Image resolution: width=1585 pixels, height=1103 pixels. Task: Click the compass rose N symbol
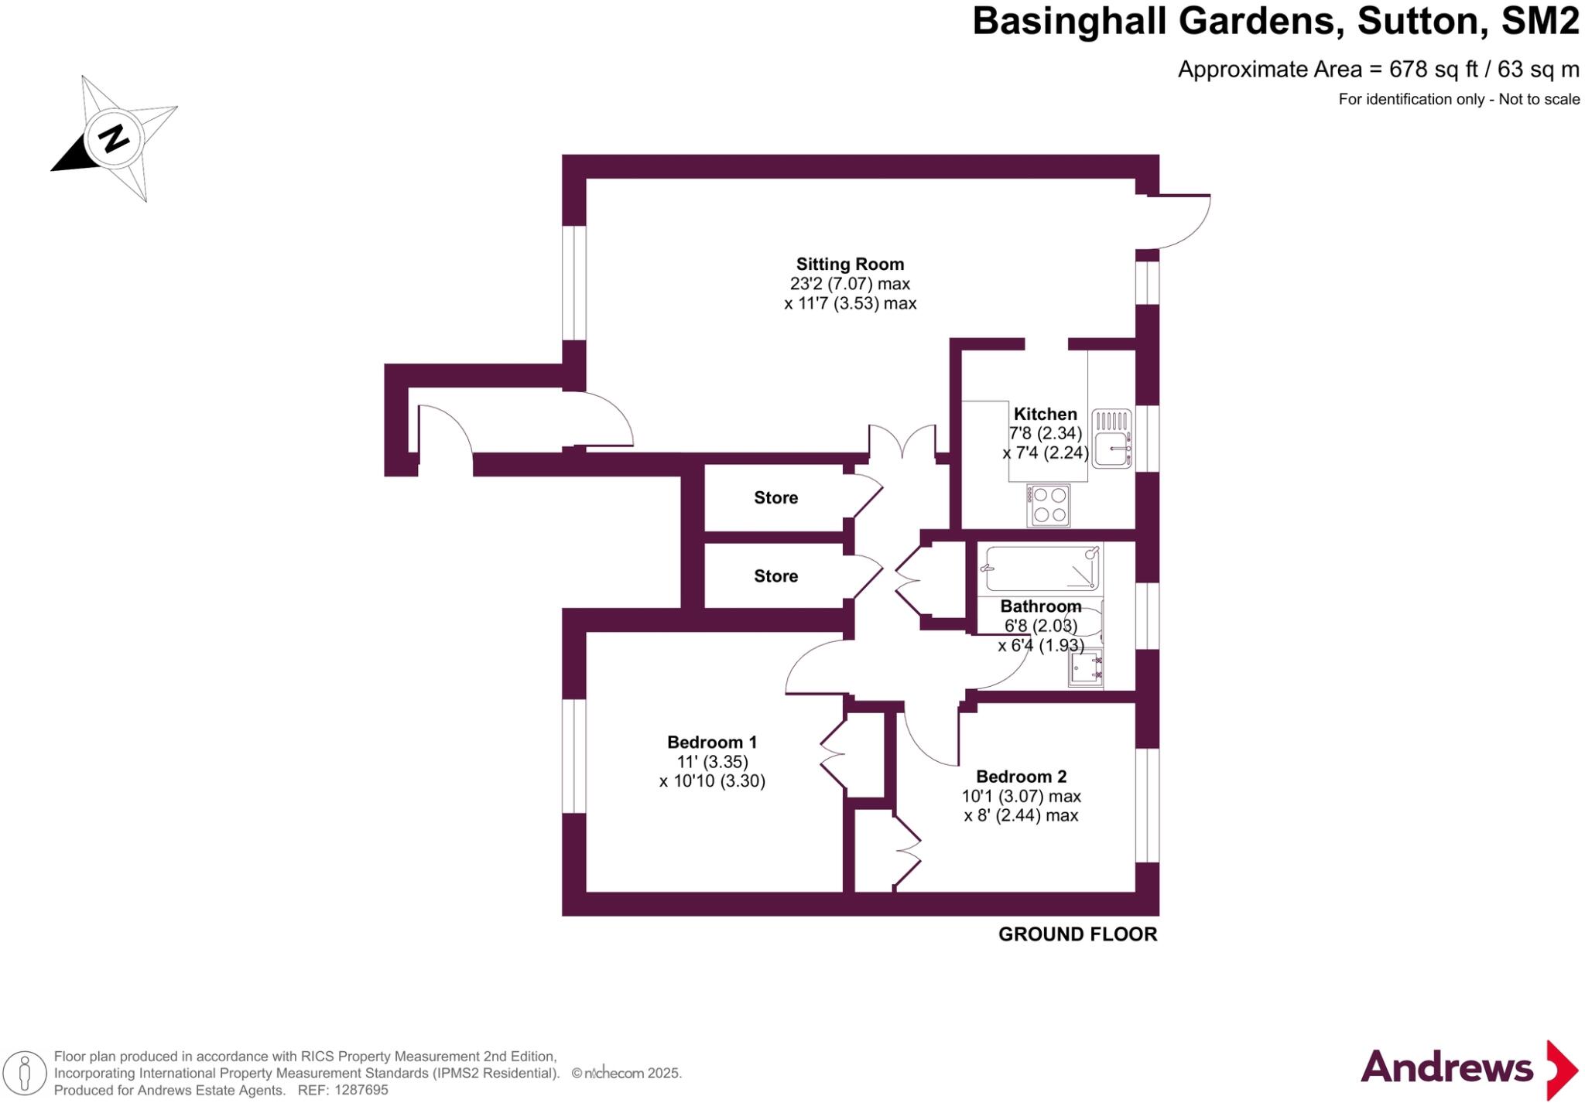click(x=115, y=139)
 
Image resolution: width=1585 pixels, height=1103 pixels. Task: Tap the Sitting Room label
click(x=850, y=265)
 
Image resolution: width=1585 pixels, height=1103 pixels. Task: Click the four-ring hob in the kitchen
click(x=1049, y=505)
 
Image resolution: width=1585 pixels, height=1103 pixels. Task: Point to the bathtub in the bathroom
click(x=1039, y=569)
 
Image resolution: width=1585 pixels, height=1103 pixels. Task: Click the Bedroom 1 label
click(x=712, y=743)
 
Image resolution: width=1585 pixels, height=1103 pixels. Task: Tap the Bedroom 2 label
click(x=1021, y=777)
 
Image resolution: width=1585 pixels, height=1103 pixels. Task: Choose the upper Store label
click(x=775, y=498)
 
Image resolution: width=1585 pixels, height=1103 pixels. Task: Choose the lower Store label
click(x=775, y=576)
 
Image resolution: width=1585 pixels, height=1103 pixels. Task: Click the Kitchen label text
click(x=1045, y=414)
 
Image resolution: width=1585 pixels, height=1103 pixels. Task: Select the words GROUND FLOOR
click(x=1077, y=934)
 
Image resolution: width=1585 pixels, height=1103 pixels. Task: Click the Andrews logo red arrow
click(x=1562, y=1071)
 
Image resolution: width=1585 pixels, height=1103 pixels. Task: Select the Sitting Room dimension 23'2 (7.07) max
click(x=850, y=284)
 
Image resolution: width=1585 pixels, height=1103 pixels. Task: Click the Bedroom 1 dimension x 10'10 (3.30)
click(x=712, y=781)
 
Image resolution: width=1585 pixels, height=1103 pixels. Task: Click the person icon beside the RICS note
click(x=26, y=1074)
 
